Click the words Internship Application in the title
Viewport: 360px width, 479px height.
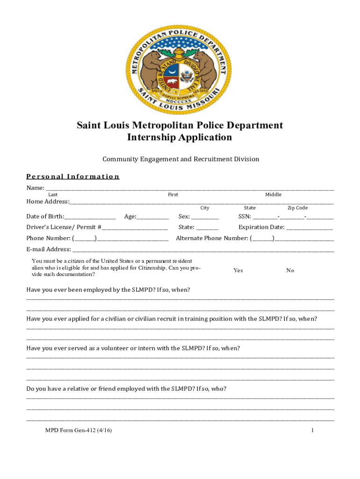[180, 138]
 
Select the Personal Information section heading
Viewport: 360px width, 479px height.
[73, 176]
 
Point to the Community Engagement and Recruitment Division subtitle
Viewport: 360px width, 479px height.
[180, 159]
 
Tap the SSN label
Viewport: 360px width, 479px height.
[245, 217]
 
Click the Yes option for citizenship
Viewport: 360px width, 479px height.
[238, 270]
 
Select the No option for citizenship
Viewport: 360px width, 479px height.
[290, 270]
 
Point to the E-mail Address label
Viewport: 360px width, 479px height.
[49, 249]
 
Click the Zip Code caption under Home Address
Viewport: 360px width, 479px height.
[297, 208]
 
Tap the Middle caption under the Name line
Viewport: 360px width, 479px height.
[273, 195]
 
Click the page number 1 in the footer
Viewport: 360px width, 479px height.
[312, 430]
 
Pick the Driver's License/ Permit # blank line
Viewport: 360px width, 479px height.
[135, 228]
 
